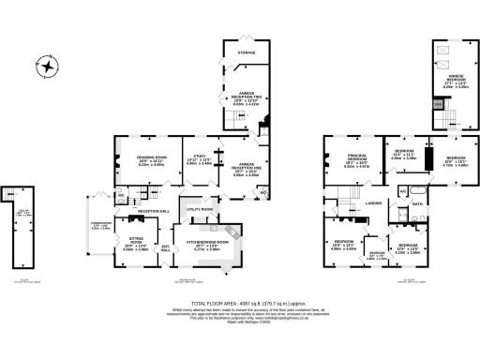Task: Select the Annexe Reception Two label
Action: pyautogui.click(x=247, y=97)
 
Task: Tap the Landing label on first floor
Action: pyautogui.click(x=373, y=202)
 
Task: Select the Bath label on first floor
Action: pyautogui.click(x=419, y=202)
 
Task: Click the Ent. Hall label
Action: pyautogui.click(x=166, y=248)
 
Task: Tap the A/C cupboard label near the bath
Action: pyautogui.click(x=402, y=190)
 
